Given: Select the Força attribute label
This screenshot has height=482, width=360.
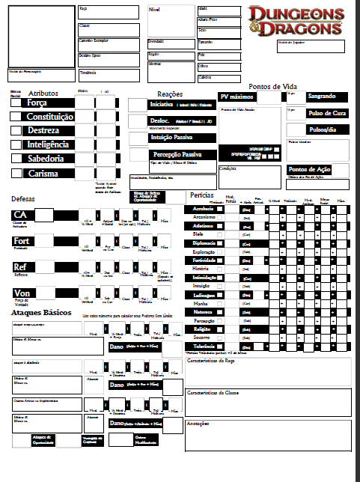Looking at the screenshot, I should pos(37,103).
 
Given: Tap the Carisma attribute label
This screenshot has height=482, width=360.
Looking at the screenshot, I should pos(43,174).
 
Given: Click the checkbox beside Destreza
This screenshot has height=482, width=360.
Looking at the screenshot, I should pos(15,131).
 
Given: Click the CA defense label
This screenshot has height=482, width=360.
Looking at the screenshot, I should pos(20,216).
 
